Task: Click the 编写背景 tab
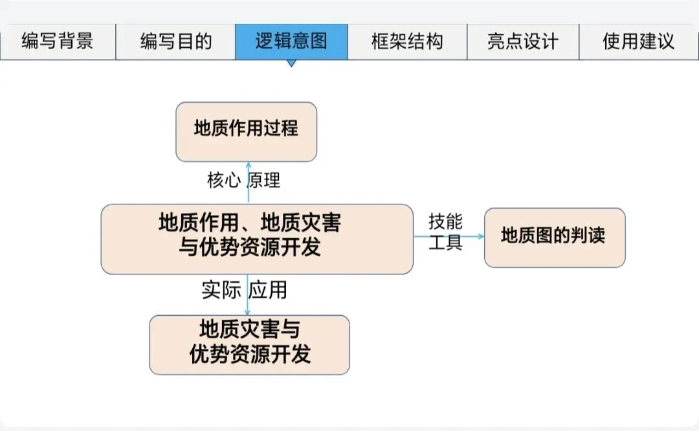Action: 58,42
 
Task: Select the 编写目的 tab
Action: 176,42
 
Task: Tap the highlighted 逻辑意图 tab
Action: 291,42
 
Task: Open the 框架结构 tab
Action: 407,42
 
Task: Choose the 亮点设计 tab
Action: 523,42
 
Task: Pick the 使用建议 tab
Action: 638,42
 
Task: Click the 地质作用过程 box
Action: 247,131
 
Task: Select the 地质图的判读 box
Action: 555,238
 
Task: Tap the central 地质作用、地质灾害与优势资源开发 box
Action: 257,239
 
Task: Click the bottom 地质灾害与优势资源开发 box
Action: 250,344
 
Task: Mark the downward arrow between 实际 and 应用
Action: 248,295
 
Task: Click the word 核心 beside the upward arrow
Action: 223,181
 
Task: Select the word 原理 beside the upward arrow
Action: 264,181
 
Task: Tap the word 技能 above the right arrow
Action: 446,222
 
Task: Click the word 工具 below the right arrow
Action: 446,244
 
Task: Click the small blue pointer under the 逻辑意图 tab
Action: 291,63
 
